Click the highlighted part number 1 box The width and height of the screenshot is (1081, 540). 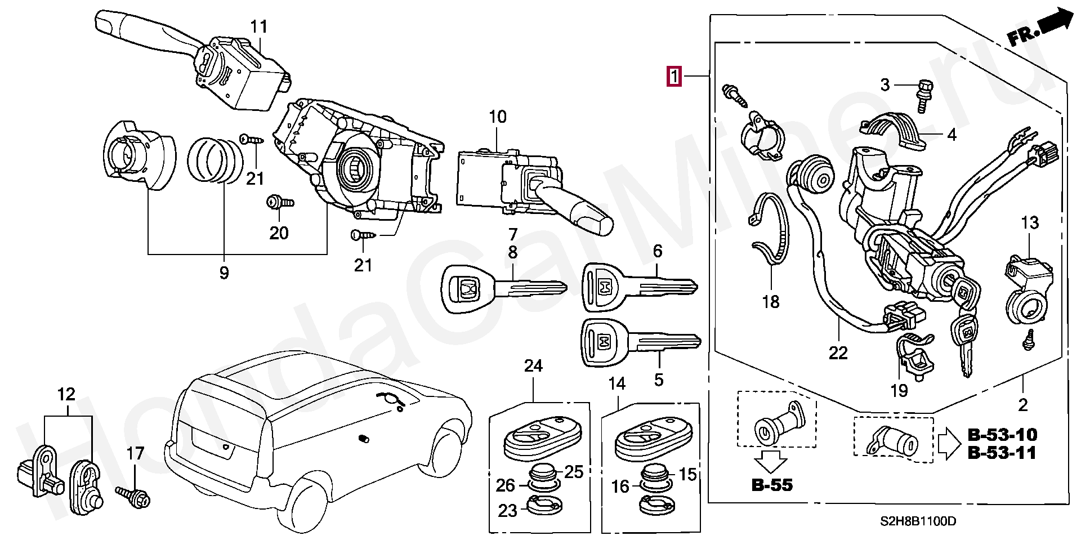point(674,75)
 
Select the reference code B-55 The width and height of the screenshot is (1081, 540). point(772,484)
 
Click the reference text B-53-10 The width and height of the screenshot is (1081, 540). point(1002,435)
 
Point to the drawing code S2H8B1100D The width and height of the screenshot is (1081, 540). point(919,522)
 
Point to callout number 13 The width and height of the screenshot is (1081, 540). point(1029,223)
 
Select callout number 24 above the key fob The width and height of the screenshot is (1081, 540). point(533,366)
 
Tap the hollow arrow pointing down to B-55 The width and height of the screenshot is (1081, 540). point(771,461)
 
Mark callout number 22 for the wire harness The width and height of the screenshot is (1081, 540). point(838,353)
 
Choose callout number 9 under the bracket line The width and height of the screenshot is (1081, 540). point(224,273)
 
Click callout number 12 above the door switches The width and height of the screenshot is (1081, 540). point(66,394)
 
